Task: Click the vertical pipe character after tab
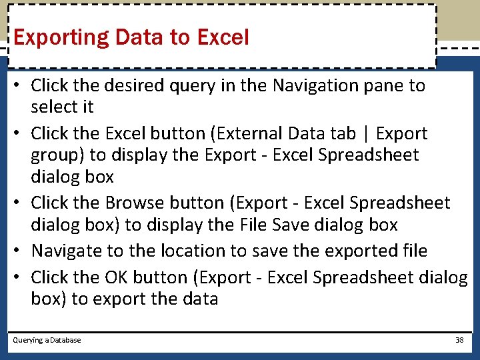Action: tap(366, 134)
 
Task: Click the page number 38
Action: tap(459, 340)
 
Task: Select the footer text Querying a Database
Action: tap(47, 340)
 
